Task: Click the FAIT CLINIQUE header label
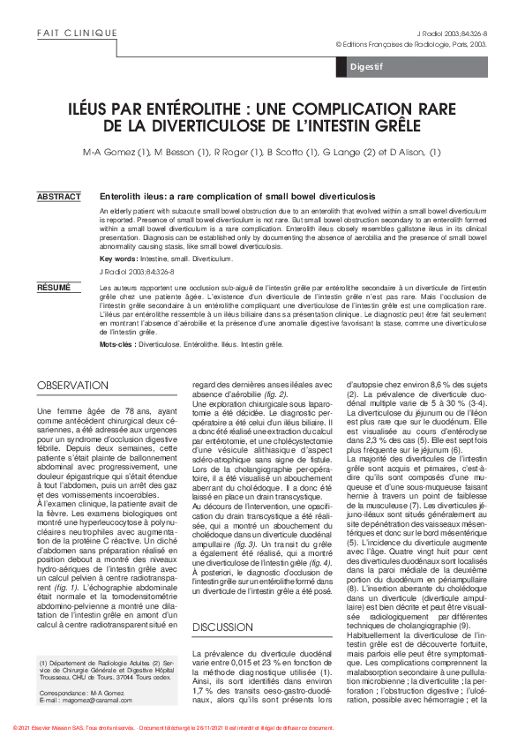click(x=78, y=33)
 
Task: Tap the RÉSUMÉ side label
click(x=54, y=288)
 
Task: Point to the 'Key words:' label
click(x=118, y=259)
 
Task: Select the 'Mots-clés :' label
click(x=118, y=345)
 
